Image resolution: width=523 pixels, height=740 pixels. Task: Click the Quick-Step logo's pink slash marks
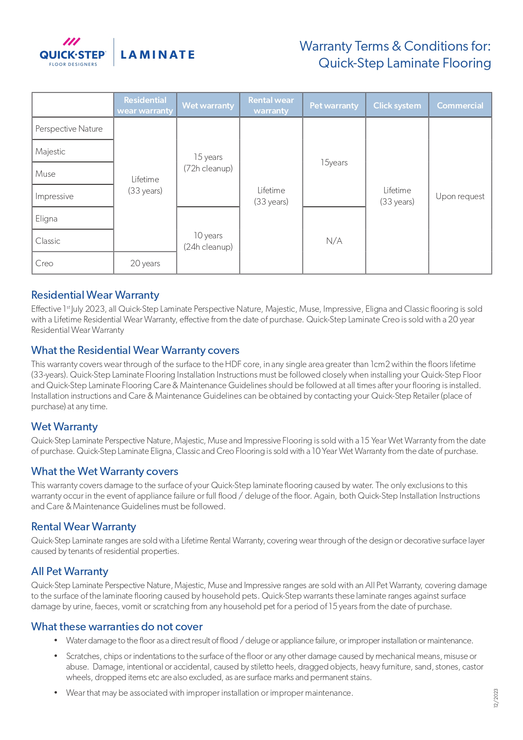click(x=72, y=42)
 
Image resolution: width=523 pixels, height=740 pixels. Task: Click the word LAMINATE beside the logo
click(x=158, y=55)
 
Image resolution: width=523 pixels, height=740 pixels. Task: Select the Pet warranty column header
click(x=334, y=105)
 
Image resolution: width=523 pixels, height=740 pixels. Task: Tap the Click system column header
click(x=397, y=105)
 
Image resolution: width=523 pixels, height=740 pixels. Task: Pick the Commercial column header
click(x=460, y=105)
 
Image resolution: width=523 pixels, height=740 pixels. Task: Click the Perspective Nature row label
click(x=69, y=129)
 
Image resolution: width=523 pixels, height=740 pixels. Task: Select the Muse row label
click(x=46, y=174)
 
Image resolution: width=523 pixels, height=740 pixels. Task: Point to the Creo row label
click(x=44, y=263)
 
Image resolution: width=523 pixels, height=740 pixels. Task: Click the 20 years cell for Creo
click(x=145, y=263)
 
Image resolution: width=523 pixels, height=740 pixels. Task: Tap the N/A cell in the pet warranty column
click(x=334, y=241)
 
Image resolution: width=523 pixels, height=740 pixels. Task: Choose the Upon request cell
click(x=460, y=196)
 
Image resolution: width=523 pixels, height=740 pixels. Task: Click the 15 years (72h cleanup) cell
click(x=208, y=162)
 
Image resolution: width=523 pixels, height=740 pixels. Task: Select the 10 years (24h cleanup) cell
click(x=208, y=241)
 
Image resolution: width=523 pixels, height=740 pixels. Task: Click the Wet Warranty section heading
click(x=64, y=427)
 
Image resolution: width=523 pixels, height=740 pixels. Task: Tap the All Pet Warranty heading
click(x=70, y=571)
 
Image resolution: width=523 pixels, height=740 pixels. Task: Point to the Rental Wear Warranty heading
click(x=83, y=527)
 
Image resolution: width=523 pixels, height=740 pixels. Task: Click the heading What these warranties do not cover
click(x=117, y=627)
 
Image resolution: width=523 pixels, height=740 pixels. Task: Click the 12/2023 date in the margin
click(x=496, y=698)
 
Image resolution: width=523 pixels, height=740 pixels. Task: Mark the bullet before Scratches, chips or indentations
click(x=56, y=656)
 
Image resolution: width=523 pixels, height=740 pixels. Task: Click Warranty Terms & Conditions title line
click(x=395, y=46)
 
